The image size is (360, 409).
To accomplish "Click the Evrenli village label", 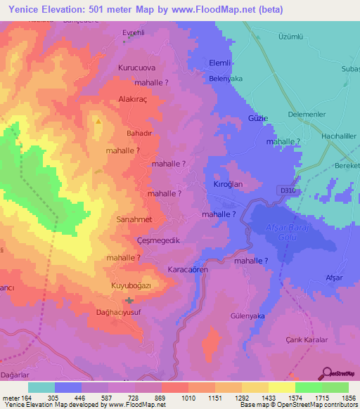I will coord(133,33).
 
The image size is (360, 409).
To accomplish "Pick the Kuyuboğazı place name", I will coord(131,286).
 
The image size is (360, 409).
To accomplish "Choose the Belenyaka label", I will coord(226,79).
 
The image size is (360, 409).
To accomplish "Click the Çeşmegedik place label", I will coord(137,240).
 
